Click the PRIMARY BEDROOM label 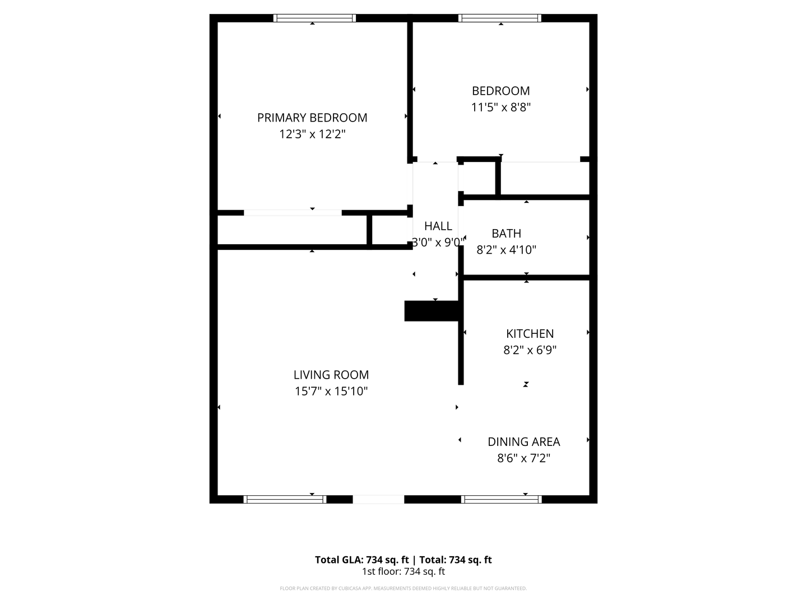point(312,118)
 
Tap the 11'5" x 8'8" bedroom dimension point(500,107)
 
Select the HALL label point(438,226)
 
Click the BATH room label point(506,234)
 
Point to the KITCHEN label point(530,334)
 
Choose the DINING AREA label point(523,442)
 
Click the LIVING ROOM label point(331,375)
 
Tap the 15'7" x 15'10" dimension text point(331,392)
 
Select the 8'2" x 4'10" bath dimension point(506,250)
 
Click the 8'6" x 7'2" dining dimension point(523,458)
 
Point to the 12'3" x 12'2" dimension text point(312,134)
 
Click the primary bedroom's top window point(314,18)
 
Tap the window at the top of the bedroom point(500,18)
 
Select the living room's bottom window point(285,499)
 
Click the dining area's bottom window point(501,499)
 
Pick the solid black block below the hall point(432,311)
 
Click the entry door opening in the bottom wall point(378,499)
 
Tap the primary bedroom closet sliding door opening point(293,213)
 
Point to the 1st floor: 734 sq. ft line point(403,572)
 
